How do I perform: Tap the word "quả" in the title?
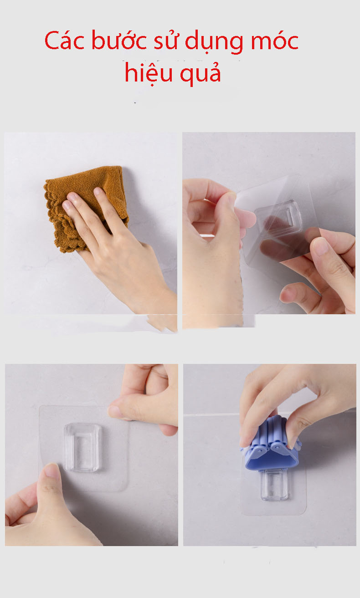coord(201,73)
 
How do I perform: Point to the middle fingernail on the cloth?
coord(97,191)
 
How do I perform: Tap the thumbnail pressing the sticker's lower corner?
coord(51,470)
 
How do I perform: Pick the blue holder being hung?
coord(271,443)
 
